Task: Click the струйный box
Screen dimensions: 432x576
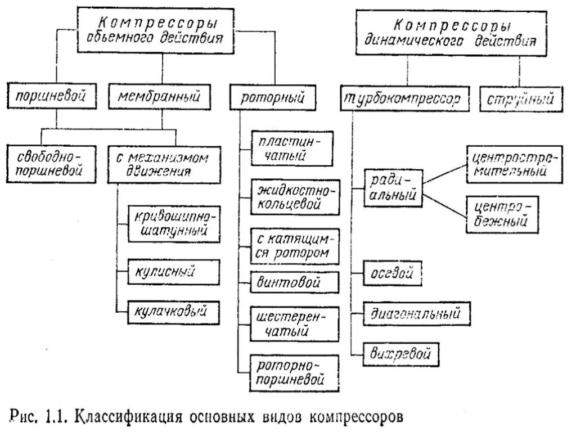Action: pos(518,99)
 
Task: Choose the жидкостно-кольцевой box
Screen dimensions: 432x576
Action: pos(295,195)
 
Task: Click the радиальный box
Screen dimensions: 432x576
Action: pos(393,188)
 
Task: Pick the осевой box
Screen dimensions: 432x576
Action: pos(392,274)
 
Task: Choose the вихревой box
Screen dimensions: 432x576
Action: pos(400,354)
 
